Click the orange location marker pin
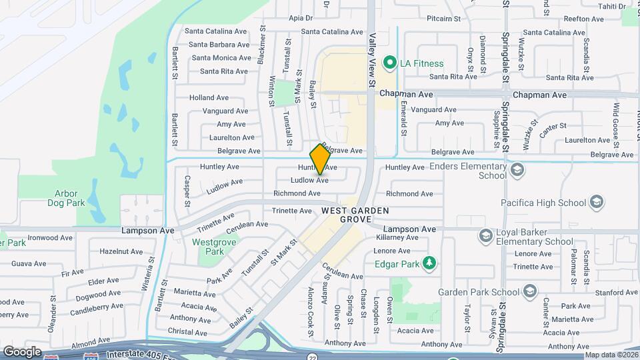pyautogui.click(x=320, y=159)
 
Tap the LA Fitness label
pyautogui.click(x=421, y=64)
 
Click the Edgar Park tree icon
pyautogui.click(x=431, y=263)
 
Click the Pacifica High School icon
pyautogui.click(x=596, y=203)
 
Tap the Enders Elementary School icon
pyautogui.click(x=516, y=171)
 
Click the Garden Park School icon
pyautogui.click(x=529, y=291)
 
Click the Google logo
pyautogui.click(x=22, y=351)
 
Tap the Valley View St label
pyautogui.click(x=371, y=63)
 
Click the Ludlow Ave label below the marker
pyautogui.click(x=309, y=181)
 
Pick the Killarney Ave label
pyautogui.click(x=397, y=237)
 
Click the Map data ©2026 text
pyautogui.click(x=611, y=355)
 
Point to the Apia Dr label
pyautogui.click(x=301, y=18)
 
